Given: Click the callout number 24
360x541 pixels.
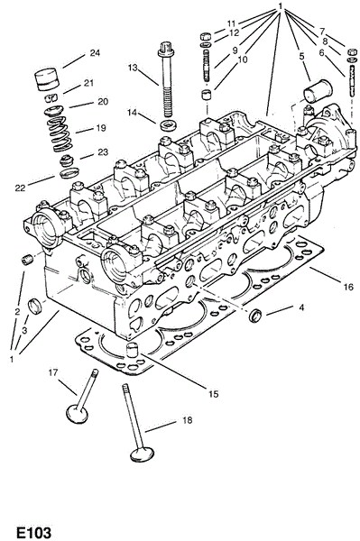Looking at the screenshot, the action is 95,53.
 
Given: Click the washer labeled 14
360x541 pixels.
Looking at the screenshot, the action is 168,124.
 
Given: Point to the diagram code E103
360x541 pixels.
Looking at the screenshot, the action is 33,532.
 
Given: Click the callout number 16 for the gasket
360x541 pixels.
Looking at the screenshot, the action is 348,287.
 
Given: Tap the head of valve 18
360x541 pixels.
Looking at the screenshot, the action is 142,454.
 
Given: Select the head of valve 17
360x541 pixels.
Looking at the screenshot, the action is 77,414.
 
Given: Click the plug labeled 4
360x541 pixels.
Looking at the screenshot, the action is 255,316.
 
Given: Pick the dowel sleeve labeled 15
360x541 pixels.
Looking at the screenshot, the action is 132,350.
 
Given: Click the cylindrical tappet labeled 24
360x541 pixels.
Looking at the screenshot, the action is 48,79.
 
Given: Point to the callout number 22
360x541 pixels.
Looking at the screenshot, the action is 20,188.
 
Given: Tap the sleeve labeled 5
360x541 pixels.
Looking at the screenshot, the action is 318,91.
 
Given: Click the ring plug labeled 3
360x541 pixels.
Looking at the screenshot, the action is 34,307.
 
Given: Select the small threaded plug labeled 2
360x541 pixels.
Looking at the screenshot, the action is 26,260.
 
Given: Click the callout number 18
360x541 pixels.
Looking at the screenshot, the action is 187,420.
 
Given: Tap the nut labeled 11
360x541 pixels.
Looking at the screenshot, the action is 206,36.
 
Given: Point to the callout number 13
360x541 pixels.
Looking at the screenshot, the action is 133,68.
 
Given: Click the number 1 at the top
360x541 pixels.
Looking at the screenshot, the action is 281,6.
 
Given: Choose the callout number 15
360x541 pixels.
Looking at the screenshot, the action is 213,394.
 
